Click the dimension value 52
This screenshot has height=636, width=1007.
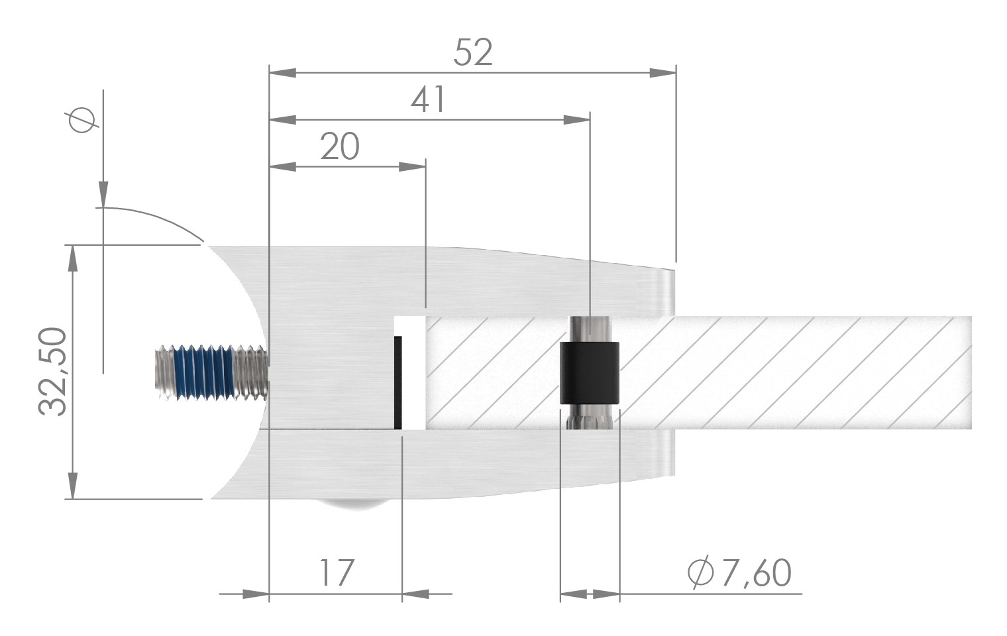(473, 52)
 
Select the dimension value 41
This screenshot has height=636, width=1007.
(429, 101)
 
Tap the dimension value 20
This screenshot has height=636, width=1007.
(339, 146)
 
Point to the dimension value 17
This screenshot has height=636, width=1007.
(337, 573)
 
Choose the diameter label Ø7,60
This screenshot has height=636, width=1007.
(739, 573)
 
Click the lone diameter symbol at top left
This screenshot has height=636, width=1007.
(81, 121)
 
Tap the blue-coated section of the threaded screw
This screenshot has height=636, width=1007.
(203, 372)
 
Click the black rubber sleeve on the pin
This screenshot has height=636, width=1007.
(590, 372)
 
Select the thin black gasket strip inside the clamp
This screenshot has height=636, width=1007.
(397, 382)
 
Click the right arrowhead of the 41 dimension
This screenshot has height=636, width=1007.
(576, 120)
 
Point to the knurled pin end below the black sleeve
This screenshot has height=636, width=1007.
(589, 417)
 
